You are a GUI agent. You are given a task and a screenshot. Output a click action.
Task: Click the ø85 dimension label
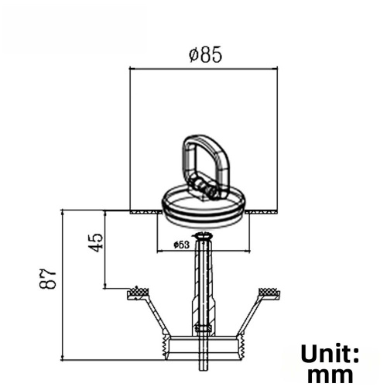pos(205,55)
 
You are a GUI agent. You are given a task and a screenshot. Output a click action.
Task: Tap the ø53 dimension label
pos(181,245)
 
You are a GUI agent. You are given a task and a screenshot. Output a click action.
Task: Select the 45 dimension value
pos(96,243)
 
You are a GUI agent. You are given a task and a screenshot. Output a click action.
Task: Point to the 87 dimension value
pos(48,279)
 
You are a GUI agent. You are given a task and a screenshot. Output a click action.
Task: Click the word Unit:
pos(330,354)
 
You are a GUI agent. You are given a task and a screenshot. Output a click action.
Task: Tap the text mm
pos(330,375)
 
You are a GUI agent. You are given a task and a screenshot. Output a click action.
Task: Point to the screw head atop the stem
pos(203,235)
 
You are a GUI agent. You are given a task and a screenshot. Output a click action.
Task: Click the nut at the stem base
pos(204,328)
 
